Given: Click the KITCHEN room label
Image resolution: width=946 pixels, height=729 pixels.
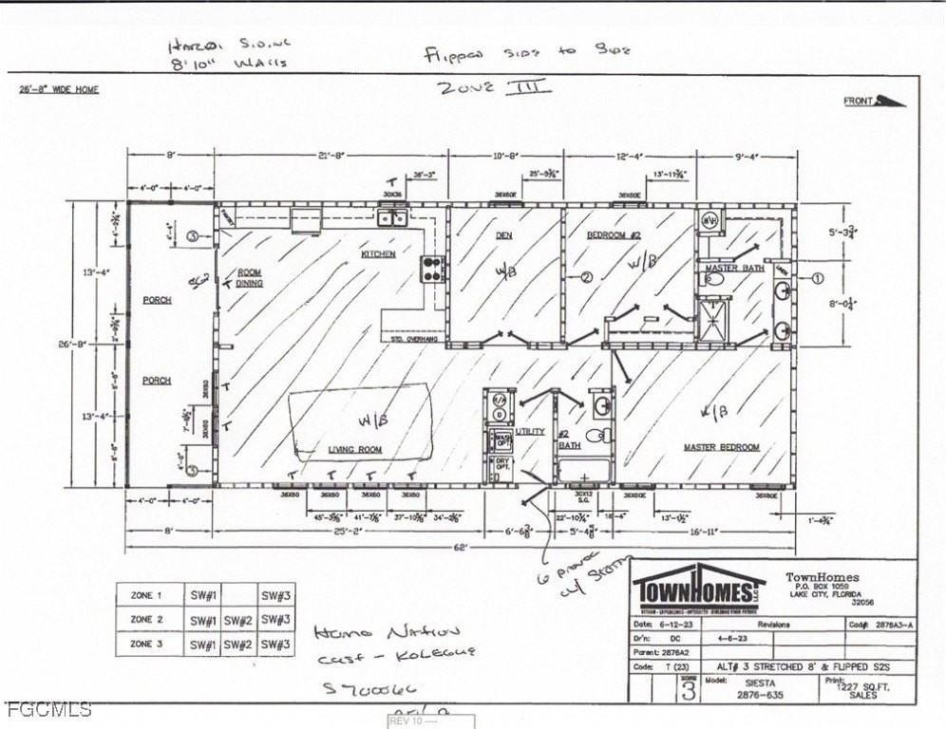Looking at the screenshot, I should pos(377,254).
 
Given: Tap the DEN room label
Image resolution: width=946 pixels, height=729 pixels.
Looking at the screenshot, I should pos(503,234).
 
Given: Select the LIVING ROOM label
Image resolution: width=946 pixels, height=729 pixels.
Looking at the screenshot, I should pos(354,449).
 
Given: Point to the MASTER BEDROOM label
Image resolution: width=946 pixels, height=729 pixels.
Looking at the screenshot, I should pos(722,447).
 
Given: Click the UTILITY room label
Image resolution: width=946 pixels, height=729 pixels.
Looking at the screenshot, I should pos(529,431).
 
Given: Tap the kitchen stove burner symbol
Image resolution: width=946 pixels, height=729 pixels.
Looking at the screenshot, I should pos(432,269).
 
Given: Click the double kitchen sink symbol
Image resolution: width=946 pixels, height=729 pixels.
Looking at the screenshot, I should pos(392,218).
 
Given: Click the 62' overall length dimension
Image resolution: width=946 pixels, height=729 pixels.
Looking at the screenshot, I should pos(460,549).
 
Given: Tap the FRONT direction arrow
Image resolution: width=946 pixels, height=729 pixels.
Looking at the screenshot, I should pos(889,101).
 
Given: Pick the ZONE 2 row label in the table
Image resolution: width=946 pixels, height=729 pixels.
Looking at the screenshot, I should pos(147,620).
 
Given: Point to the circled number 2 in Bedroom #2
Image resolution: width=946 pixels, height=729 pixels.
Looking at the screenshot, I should pos(586,278).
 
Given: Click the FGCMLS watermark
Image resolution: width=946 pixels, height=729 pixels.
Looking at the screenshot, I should pos(48,709).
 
